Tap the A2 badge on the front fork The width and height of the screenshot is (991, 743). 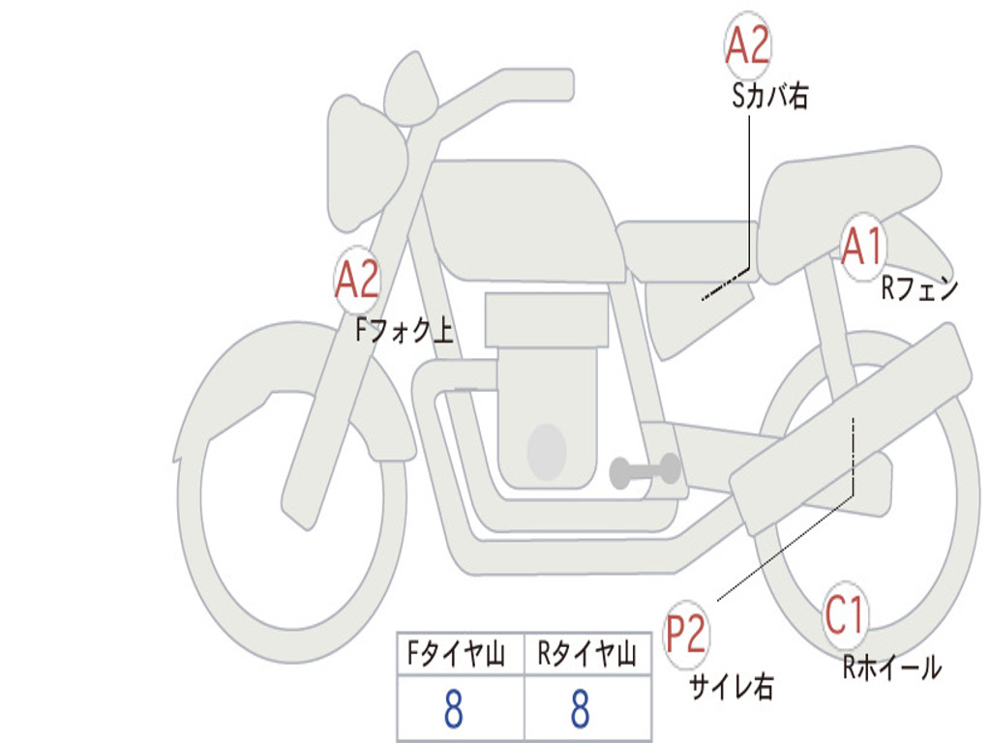click(x=357, y=279)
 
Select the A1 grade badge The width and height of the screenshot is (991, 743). click(x=862, y=247)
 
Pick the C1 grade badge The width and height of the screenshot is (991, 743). click(x=845, y=615)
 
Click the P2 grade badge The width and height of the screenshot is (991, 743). click(x=686, y=635)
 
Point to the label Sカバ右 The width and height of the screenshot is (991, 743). click(x=769, y=96)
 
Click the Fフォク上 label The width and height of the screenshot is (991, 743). click(x=405, y=330)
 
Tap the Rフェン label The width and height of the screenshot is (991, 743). click(x=920, y=288)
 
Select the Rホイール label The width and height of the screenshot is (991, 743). click(x=892, y=668)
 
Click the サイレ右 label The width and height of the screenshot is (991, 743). click(x=732, y=687)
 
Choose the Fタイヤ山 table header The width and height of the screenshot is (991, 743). click(x=456, y=653)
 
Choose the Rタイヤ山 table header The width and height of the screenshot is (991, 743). click(x=586, y=653)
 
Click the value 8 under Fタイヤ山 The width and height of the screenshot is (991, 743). click(x=454, y=708)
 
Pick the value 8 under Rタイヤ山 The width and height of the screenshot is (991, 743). click(x=581, y=708)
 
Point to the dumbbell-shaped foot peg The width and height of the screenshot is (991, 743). click(x=645, y=471)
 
